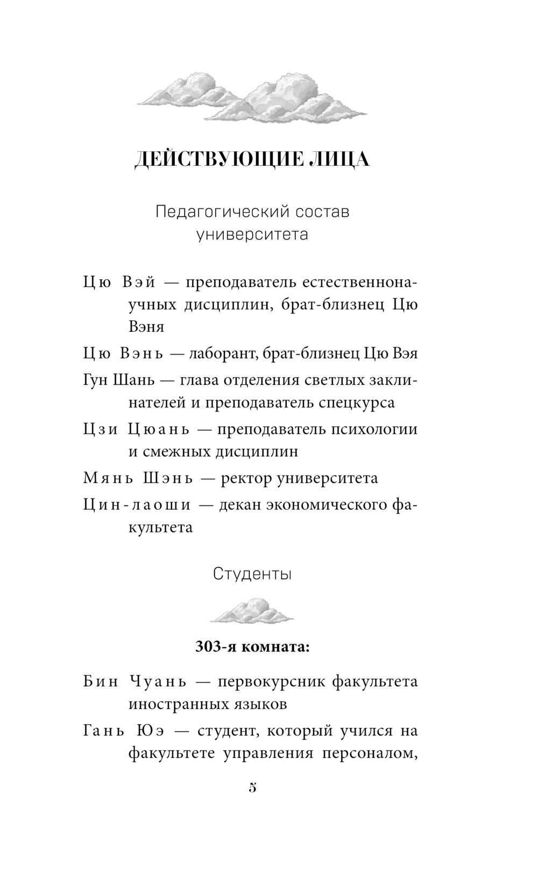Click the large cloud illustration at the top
pyautogui.click(x=252, y=96)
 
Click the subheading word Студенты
pyautogui.click(x=252, y=574)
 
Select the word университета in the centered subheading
pyautogui.click(x=252, y=235)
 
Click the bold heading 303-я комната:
pyautogui.click(x=252, y=647)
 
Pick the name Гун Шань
pyautogui.click(x=119, y=380)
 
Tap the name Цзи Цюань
pyautogui.click(x=137, y=429)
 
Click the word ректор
pyautogui.click(x=245, y=478)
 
